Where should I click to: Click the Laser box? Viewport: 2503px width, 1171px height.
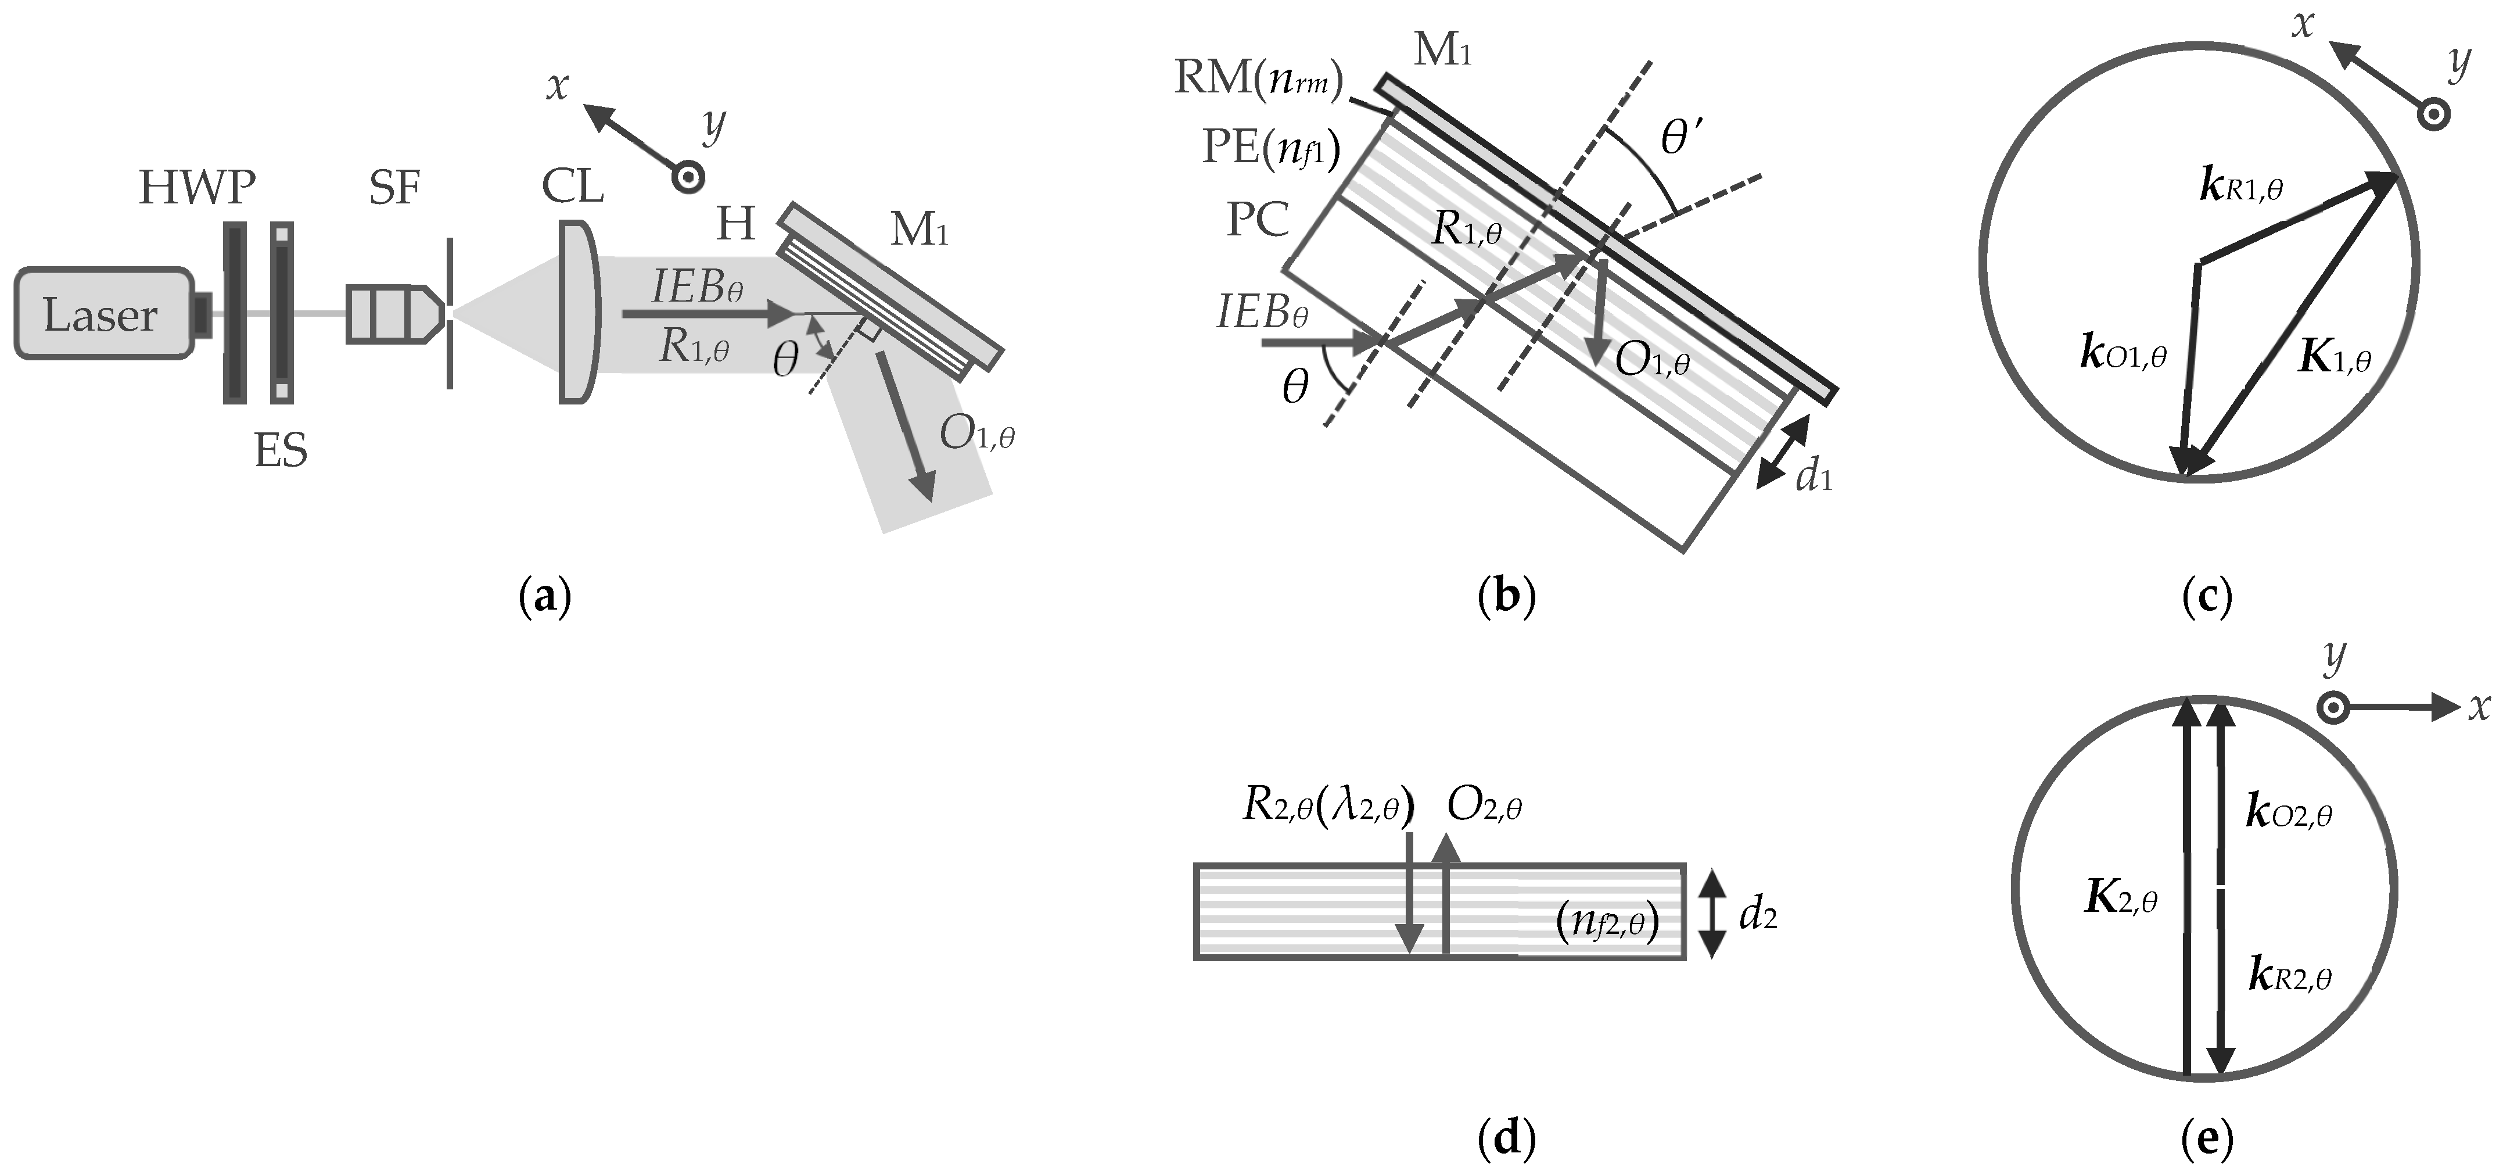[102, 314]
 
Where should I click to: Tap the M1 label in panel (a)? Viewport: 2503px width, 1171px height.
[918, 230]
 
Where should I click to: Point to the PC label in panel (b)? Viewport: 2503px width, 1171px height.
[1258, 220]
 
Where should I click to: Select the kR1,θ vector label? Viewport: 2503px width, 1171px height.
[2240, 187]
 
